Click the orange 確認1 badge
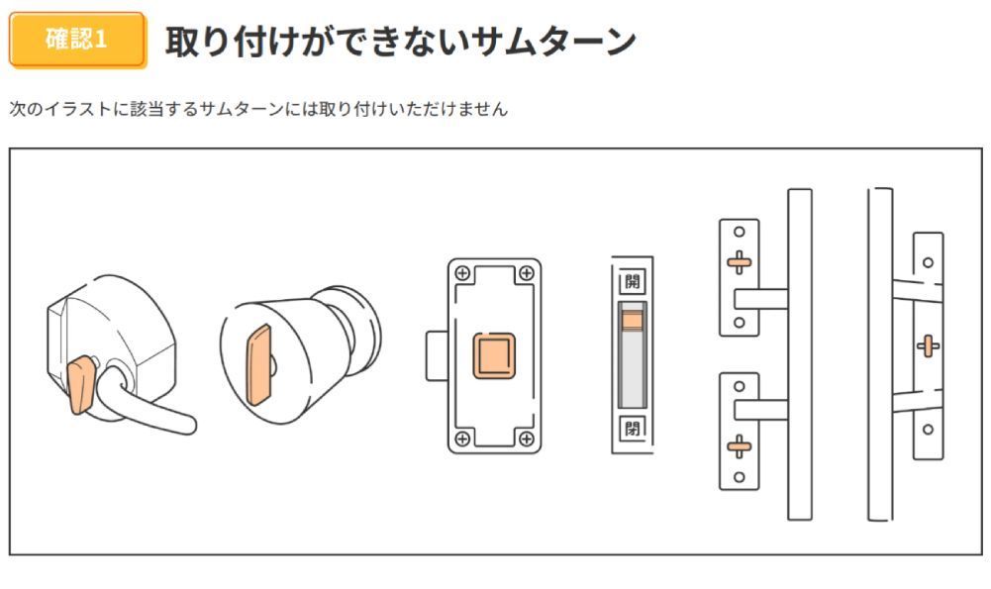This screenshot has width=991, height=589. point(77,41)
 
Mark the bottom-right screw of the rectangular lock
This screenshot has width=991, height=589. point(526,438)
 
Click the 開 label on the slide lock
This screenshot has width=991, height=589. point(632,280)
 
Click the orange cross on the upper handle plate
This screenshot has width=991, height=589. point(739,263)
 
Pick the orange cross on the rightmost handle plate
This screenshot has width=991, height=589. point(927,345)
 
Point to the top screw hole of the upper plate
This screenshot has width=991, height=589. point(739,234)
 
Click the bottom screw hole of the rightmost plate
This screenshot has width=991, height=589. point(927,429)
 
